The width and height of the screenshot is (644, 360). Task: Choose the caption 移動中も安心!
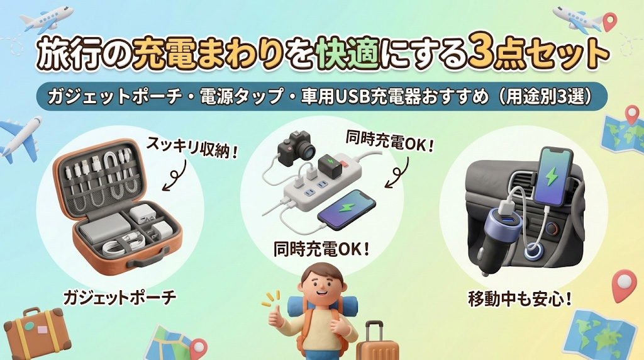click(x=520, y=299)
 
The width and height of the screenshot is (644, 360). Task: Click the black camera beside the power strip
click(x=297, y=147)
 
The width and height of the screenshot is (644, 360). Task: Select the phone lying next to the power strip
click(x=347, y=210)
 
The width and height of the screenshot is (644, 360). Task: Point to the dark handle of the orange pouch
click(x=148, y=257)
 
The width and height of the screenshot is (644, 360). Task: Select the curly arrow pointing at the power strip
click(x=397, y=172)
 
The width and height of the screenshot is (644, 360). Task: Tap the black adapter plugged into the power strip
click(x=330, y=164)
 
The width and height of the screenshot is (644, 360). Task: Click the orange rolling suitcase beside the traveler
click(x=375, y=342)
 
